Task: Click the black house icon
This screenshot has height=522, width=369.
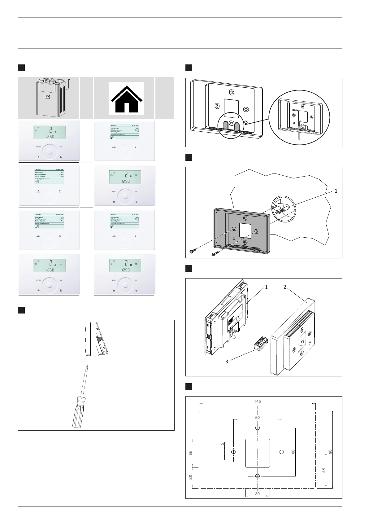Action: (x=126, y=98)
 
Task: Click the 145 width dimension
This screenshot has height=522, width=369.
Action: (x=258, y=401)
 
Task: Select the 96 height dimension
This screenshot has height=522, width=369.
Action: (x=330, y=452)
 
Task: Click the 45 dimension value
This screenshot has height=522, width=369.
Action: (x=324, y=470)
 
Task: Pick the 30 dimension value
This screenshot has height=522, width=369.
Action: (x=258, y=494)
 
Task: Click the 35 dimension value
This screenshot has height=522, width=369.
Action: (x=191, y=453)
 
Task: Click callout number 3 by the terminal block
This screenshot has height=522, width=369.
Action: (x=227, y=362)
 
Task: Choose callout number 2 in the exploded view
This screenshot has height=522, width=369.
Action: (x=285, y=287)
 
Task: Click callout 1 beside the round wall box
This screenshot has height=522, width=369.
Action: (x=336, y=191)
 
